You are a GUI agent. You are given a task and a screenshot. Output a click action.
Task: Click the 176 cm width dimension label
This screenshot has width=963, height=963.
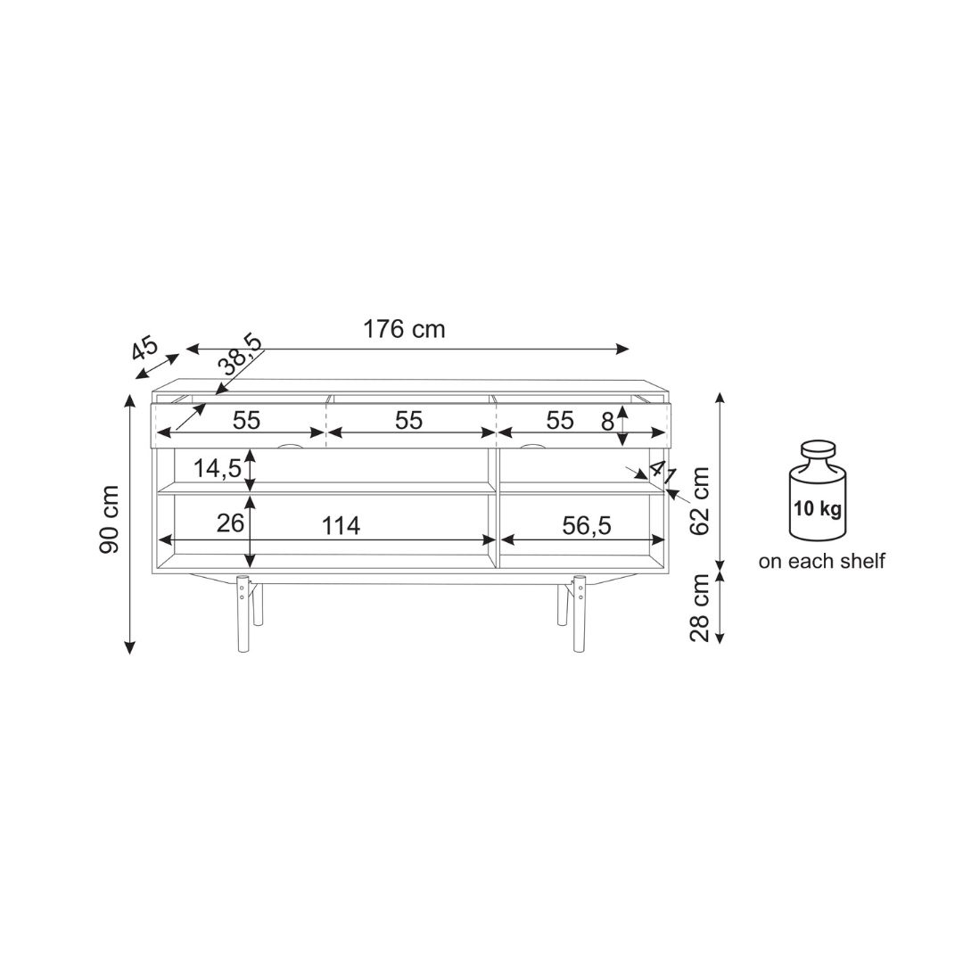coord(404,329)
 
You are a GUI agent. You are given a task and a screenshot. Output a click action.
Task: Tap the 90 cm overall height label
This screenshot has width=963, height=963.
coord(110,520)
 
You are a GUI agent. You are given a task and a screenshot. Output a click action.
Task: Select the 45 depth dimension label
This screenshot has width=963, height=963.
coord(145,349)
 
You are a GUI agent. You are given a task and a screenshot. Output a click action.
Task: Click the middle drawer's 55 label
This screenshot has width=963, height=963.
coord(408,421)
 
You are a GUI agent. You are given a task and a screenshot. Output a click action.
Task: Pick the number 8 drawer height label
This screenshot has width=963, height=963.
coord(607,422)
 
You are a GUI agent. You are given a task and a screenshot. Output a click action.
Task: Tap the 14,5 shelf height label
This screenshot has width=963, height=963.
coord(218,469)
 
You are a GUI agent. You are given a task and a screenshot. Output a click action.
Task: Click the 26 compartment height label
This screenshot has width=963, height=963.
coord(230,523)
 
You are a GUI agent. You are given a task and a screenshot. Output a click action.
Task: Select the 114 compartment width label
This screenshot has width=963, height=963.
coord(341,526)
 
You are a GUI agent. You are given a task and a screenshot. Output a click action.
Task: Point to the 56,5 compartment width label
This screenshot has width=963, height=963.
coord(587,526)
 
